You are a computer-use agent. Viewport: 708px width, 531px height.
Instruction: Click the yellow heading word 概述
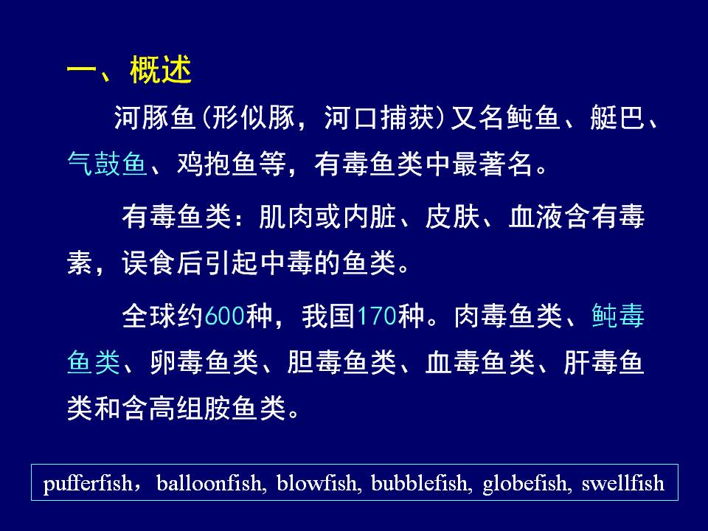pos(161,70)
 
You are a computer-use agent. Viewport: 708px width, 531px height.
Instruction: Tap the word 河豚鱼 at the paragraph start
pos(154,118)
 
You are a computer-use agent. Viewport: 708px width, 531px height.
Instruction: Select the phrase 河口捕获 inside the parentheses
pos(379,118)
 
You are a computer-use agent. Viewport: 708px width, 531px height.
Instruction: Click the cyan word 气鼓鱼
pos(108,164)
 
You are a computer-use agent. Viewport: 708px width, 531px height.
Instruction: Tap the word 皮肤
pos(452,217)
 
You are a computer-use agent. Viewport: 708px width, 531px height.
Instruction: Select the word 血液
pos(536,217)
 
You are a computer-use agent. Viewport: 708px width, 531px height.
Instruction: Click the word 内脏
pos(369,217)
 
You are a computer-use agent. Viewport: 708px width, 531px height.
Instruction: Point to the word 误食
pos(148,263)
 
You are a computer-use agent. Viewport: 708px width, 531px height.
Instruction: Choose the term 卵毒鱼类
pos(204,362)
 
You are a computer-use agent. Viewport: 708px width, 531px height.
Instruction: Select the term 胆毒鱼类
pos(341,362)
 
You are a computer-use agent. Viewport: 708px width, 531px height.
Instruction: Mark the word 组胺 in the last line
pos(204,408)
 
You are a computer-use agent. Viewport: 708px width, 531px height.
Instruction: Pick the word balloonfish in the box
pos(209,483)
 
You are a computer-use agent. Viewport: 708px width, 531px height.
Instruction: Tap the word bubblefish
pos(419,483)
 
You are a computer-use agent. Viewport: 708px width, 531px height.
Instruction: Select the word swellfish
pos(623,483)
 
